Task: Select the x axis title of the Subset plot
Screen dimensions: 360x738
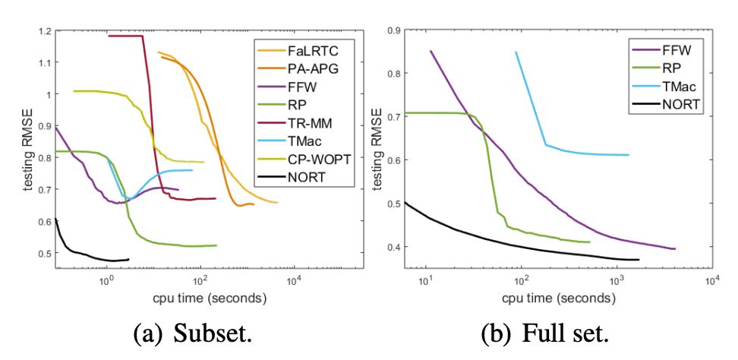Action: pyautogui.click(x=200, y=298)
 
